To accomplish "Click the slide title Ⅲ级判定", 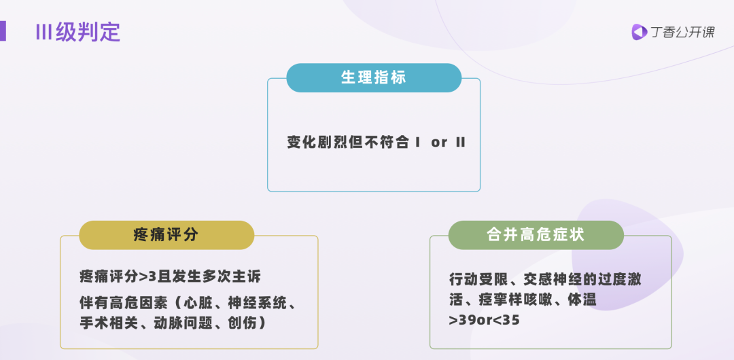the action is [77, 32].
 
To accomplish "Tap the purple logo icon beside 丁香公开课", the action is [639, 32].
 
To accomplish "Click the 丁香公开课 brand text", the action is [682, 32].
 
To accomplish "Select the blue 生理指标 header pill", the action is [374, 77].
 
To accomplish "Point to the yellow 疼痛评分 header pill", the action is [167, 235].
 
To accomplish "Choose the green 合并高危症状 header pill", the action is [536, 235].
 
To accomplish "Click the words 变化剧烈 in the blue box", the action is [318, 143].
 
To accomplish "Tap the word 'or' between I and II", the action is [439, 143].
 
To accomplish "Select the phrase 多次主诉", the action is [230, 276].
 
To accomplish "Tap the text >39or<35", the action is [485, 321].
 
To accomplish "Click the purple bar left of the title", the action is [3, 31].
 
